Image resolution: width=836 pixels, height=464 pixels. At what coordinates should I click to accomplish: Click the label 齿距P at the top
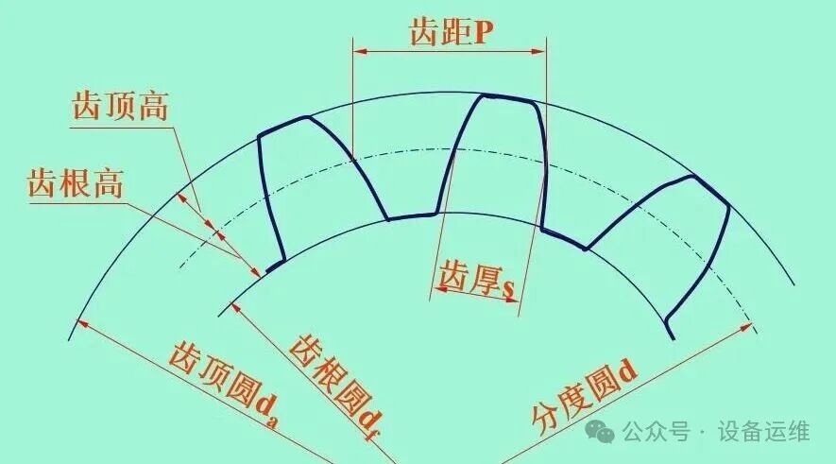click(451, 32)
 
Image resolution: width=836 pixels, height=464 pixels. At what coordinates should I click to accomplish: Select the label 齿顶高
click(121, 105)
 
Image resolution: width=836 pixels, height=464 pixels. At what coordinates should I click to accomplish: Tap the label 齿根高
click(76, 183)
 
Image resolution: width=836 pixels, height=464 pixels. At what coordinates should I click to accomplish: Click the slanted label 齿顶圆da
click(224, 381)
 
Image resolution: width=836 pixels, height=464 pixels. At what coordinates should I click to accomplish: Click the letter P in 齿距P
click(483, 33)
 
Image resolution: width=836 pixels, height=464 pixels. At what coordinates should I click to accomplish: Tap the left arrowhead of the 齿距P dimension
click(361, 51)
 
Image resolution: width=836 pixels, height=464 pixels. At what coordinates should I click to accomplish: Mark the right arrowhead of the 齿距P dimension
click(538, 51)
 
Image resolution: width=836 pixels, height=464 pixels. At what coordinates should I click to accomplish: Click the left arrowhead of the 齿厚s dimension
click(440, 288)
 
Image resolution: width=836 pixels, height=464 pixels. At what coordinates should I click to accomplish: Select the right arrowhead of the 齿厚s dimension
click(511, 300)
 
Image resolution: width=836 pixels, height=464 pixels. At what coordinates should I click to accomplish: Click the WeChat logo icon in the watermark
click(600, 431)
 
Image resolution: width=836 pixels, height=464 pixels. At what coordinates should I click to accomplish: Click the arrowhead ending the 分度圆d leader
click(745, 326)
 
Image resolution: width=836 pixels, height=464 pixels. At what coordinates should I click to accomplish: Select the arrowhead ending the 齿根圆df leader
click(235, 307)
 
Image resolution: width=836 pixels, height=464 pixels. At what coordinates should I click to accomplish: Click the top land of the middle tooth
click(507, 98)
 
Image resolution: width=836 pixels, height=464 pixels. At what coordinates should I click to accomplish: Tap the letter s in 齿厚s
click(509, 288)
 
